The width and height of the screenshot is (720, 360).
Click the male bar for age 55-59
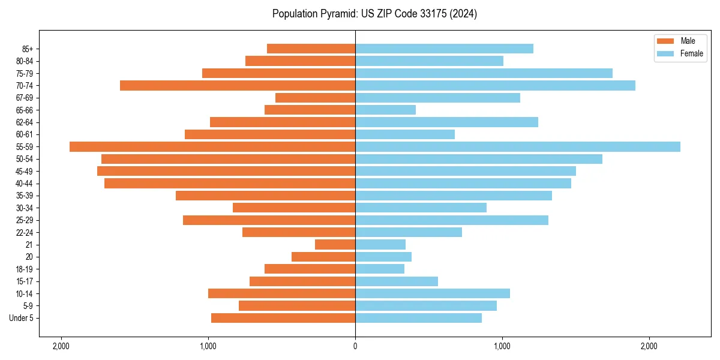[212, 146]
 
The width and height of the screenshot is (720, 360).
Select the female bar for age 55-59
[518, 146]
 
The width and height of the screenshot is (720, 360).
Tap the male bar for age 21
[335, 245]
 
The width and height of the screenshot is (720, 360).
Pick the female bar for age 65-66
[385, 110]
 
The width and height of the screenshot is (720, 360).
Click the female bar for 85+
[444, 49]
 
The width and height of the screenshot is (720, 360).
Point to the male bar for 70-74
[238, 85]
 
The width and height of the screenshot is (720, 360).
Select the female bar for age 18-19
[380, 269]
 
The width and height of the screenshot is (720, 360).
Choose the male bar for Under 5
[283, 318]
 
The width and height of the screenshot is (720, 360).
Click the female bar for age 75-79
[484, 73]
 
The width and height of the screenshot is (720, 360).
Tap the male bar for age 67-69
[315, 98]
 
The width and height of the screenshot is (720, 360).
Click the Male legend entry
[688, 41]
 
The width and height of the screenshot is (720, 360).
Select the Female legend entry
[691, 53]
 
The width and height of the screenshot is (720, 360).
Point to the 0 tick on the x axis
[355, 346]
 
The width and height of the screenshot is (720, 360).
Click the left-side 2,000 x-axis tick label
[61, 346]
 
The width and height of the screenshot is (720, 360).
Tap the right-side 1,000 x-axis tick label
[502, 346]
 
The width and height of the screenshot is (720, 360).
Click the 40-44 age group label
[24, 184]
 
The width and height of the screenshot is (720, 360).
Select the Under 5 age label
[21, 318]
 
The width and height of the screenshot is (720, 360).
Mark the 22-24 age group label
[24, 233]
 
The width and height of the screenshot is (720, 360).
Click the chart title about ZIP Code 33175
[374, 14]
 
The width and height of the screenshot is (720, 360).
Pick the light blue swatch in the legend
[666, 53]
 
